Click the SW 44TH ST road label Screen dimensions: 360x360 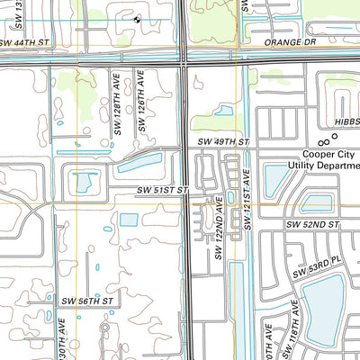click(24, 42)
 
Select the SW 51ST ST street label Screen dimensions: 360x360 click(163, 190)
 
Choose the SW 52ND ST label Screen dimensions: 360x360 click(310, 224)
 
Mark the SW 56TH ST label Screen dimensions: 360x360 click(87, 301)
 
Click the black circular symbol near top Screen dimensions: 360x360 click(137, 17)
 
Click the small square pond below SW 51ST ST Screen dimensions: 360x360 click(129, 220)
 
